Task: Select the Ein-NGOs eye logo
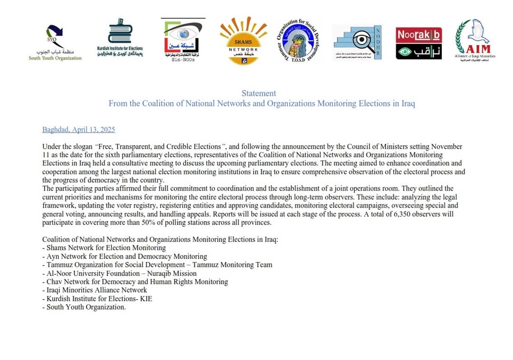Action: point(183,41)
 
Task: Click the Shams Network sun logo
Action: point(243,41)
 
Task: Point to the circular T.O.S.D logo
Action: point(298,42)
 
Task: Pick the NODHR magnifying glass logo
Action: point(357,42)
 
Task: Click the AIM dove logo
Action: point(475,40)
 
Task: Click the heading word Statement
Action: point(258,94)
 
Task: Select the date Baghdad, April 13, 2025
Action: point(78,130)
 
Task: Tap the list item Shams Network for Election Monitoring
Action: point(106,248)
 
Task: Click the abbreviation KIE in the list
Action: point(146,299)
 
